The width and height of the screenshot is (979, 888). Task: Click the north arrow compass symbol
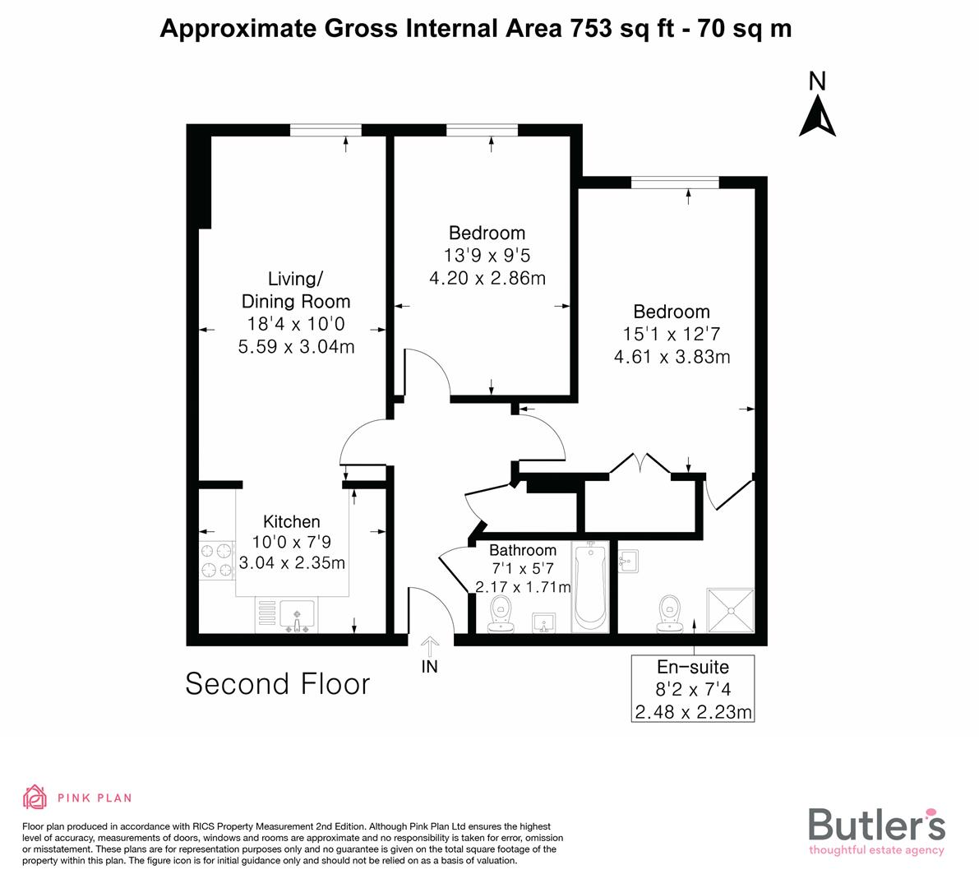tap(817, 116)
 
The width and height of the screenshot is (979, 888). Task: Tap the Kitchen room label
tap(291, 521)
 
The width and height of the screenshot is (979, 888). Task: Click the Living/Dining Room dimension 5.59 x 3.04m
tap(296, 346)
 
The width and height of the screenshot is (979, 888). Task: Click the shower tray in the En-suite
tap(730, 609)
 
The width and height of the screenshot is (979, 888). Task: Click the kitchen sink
tap(296, 616)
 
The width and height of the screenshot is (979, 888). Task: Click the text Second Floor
tap(278, 684)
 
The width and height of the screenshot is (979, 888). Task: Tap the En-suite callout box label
tap(692, 667)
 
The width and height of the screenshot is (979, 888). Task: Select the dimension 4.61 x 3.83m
tap(672, 357)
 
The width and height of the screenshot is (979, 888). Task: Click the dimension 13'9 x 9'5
tap(487, 256)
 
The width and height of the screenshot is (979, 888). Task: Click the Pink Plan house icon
tap(35, 797)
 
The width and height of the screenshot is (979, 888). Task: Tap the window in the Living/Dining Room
tap(326, 129)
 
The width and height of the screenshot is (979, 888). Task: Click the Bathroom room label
tap(522, 550)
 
